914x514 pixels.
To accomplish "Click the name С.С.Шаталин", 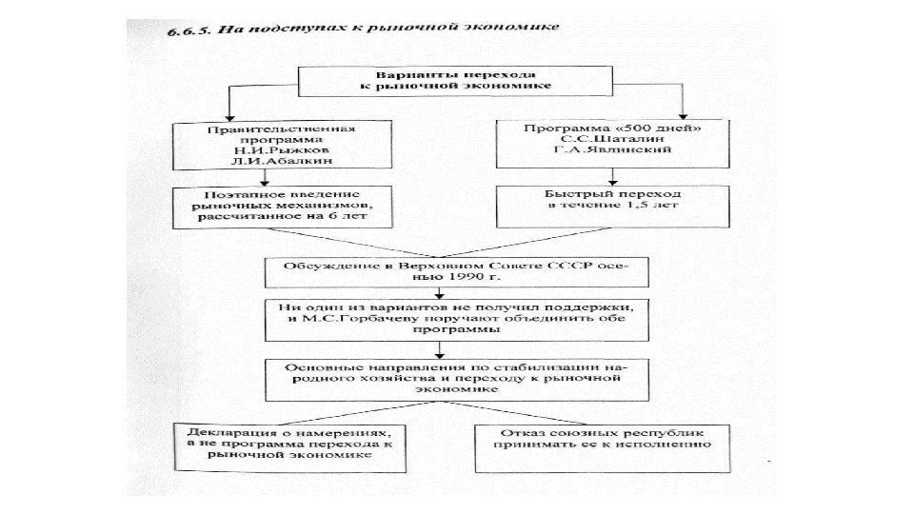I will pyautogui.click(x=598, y=138).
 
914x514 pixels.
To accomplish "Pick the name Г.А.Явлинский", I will pyautogui.click(x=598, y=150).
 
